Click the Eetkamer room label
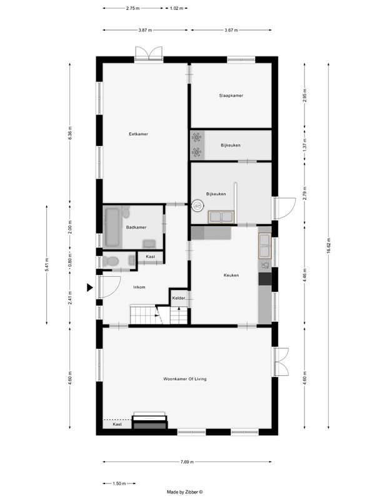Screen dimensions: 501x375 tap(138, 133)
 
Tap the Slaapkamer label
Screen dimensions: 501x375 tap(231, 95)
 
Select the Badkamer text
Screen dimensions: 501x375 tap(136, 227)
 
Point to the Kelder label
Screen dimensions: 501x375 tap(179, 298)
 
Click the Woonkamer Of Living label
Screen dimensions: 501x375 tap(184, 379)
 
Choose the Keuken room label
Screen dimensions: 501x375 tap(231, 275)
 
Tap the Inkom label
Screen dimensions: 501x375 tap(139, 287)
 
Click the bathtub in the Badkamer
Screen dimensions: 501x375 tap(112, 227)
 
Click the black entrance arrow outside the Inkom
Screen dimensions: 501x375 tap(90, 287)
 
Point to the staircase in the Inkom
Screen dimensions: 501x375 tap(142, 314)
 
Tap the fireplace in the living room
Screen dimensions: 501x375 tap(151, 421)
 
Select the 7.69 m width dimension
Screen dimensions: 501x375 tap(187, 462)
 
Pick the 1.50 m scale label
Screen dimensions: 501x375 tap(120, 483)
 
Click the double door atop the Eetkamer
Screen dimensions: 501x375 tap(149, 54)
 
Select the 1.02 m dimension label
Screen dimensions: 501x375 tap(177, 9)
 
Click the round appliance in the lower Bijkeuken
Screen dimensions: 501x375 tap(198, 204)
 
